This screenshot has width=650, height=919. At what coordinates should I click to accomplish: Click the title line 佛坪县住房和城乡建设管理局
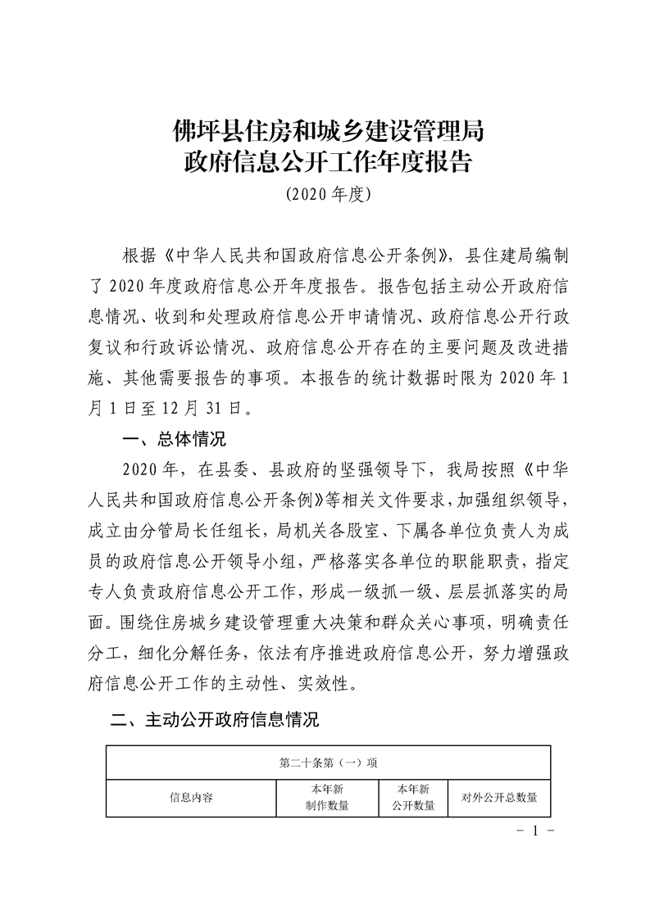pos(325,129)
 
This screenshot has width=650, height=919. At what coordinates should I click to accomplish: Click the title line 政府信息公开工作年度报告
pos(325,161)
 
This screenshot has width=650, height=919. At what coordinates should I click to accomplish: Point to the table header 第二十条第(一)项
pos(328,763)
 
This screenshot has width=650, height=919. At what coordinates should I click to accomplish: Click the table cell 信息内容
pos(191,797)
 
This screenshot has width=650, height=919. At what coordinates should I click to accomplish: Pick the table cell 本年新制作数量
pos(326,797)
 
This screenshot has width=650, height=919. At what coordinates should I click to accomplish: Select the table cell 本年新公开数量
pos(414,797)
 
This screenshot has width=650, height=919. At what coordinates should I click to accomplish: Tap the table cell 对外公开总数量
pos(499,797)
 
